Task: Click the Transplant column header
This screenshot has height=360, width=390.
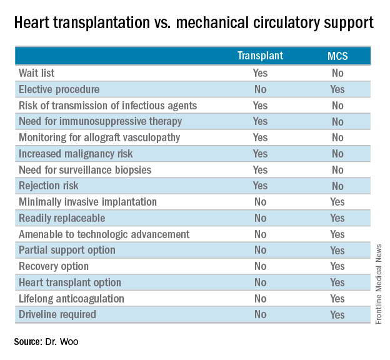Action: (260, 56)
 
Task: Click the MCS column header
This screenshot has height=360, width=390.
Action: (337, 56)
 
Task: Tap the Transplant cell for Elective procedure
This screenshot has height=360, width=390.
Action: (260, 89)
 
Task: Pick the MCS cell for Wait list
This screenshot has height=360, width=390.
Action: (337, 73)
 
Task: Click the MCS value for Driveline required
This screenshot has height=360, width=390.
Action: (337, 314)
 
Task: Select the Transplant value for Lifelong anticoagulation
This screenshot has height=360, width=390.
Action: (260, 298)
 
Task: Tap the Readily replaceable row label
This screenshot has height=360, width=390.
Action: (62, 218)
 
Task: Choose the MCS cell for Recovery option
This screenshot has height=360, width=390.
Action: (337, 266)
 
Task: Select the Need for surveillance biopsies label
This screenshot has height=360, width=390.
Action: (85, 169)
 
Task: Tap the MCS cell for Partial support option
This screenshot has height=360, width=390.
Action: (337, 250)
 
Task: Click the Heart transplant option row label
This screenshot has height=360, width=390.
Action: (70, 282)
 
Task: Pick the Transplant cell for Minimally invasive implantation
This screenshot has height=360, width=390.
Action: (260, 202)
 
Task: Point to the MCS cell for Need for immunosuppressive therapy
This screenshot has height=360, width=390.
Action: (337, 121)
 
